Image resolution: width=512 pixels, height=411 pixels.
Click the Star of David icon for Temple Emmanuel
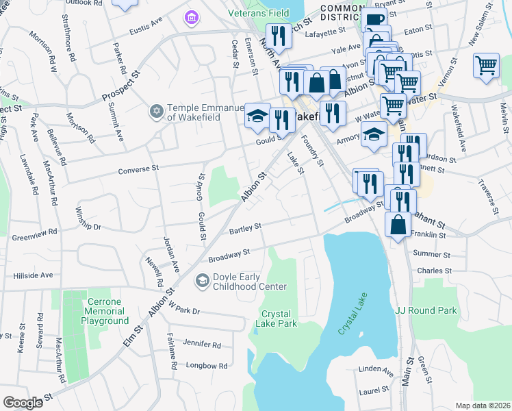[x=156, y=110]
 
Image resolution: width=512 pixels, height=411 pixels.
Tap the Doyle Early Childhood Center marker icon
[x=202, y=279]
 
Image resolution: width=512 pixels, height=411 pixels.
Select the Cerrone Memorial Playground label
[x=107, y=311]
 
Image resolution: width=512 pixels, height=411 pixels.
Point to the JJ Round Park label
[x=426, y=310]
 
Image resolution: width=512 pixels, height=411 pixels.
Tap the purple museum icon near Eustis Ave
[x=190, y=15]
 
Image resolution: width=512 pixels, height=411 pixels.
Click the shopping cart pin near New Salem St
[x=486, y=66]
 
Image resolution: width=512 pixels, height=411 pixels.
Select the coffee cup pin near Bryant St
[x=374, y=21]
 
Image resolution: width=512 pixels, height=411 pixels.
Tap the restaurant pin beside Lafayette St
[x=278, y=34]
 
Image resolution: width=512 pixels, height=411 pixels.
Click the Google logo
[x=23, y=402]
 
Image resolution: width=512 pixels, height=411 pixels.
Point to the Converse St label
[x=138, y=169]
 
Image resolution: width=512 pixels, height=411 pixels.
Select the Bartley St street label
[x=245, y=227]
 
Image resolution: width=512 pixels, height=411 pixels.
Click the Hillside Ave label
[x=33, y=275]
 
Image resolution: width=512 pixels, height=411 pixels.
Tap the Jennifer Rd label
[x=203, y=345]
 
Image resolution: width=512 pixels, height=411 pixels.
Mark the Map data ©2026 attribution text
[x=482, y=406]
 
